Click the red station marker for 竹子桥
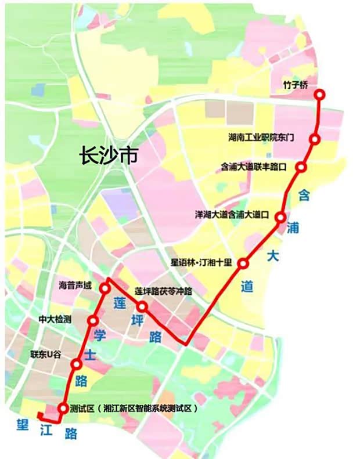pos(320,94)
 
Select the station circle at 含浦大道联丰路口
pos(301,167)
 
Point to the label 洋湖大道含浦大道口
pos(232,214)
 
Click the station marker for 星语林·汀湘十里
pos(243,263)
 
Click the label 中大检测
pos(55,319)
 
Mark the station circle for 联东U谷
pos(77,364)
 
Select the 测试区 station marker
pos(62,408)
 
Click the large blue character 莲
pos(119,302)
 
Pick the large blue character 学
pos(98,335)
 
